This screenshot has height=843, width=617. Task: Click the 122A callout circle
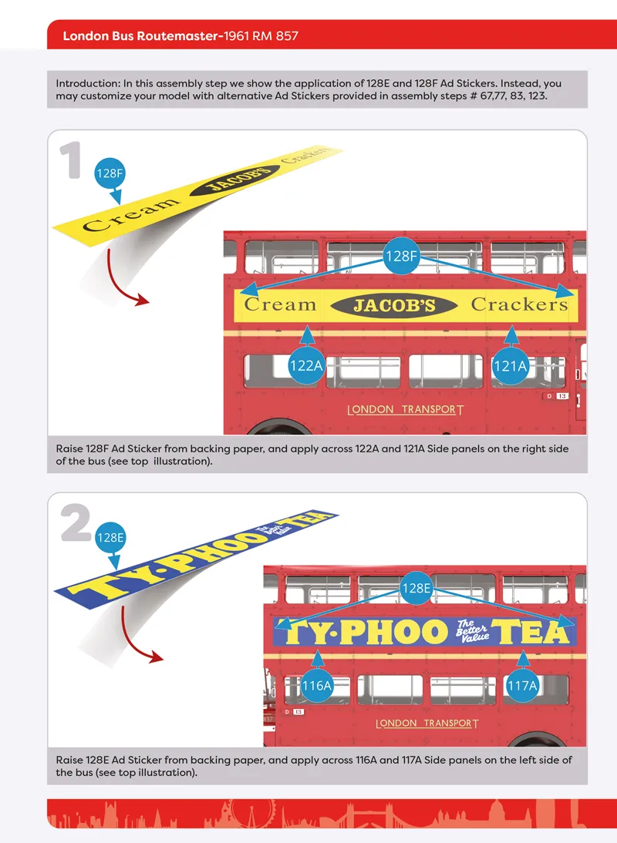point(307,365)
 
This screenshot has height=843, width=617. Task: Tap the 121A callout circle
point(511,366)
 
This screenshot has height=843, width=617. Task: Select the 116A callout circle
point(317,686)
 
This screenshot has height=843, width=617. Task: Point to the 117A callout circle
point(522,686)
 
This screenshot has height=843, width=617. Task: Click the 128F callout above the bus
point(402,256)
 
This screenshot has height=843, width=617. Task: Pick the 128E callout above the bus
point(416,588)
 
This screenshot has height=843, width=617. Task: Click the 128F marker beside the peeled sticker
point(110,173)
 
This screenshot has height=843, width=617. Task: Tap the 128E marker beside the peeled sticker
point(110,538)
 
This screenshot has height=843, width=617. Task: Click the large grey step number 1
point(70,160)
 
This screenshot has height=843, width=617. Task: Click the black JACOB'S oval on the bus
point(394,305)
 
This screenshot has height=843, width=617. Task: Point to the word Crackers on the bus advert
point(519,304)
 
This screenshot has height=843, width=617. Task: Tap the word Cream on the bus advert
point(280,304)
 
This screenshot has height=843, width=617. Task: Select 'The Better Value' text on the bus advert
point(472,631)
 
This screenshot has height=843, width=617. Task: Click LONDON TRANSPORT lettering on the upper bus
point(405,410)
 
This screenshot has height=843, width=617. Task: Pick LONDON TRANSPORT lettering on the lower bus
point(427,724)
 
